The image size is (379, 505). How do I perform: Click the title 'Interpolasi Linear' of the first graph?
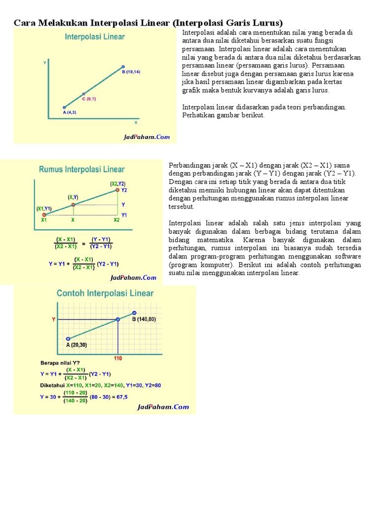[x=95, y=37]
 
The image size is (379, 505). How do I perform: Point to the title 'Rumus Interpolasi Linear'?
[x=81, y=170]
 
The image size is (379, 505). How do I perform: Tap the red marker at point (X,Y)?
[x=73, y=205]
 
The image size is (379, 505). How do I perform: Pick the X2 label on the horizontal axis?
[x=117, y=220]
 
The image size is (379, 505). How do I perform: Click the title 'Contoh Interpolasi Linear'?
[x=105, y=293]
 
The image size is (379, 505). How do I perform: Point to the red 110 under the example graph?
[x=118, y=357]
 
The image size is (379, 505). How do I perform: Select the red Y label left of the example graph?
[x=54, y=320]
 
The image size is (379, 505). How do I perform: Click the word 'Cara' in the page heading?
[x=23, y=23]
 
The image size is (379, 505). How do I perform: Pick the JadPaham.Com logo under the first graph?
[x=147, y=138]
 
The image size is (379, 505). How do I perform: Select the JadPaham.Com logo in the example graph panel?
[x=163, y=407]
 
